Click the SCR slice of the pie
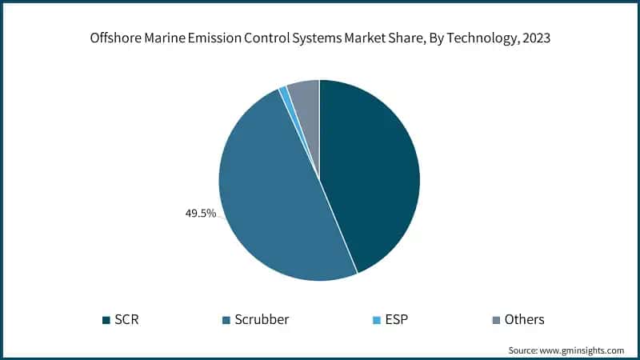372,176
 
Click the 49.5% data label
200,214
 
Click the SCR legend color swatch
106,320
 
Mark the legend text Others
524,320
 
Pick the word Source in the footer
525,350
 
